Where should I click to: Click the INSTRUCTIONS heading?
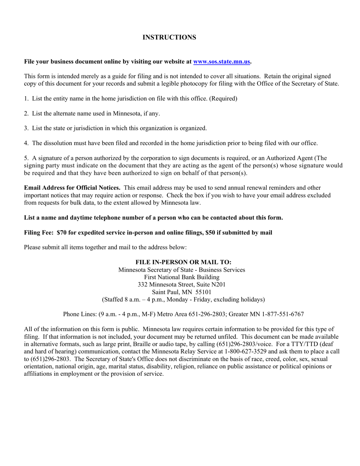(169, 38)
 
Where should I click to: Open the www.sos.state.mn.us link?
(222, 61)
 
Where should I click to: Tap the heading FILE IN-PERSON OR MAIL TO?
(183, 262)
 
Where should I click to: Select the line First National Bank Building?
(182, 277)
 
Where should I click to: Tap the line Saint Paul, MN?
(172, 292)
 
